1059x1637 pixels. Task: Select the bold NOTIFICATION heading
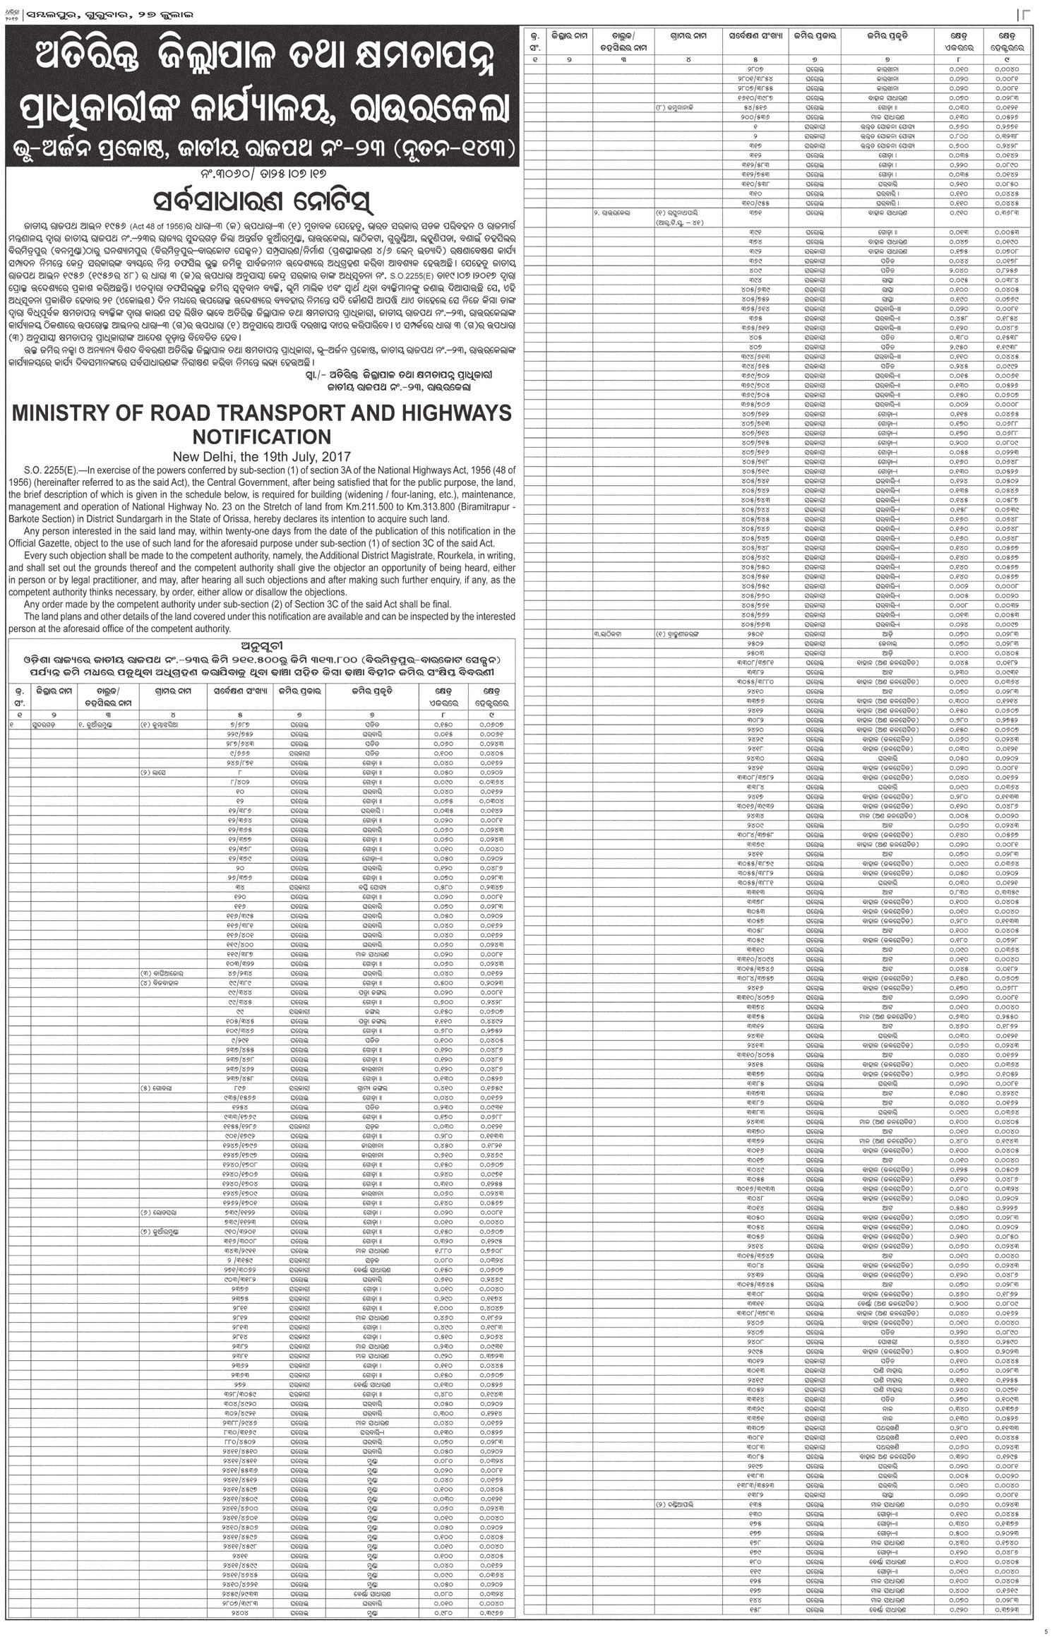coord(262,436)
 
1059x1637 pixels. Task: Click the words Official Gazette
coord(37,543)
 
